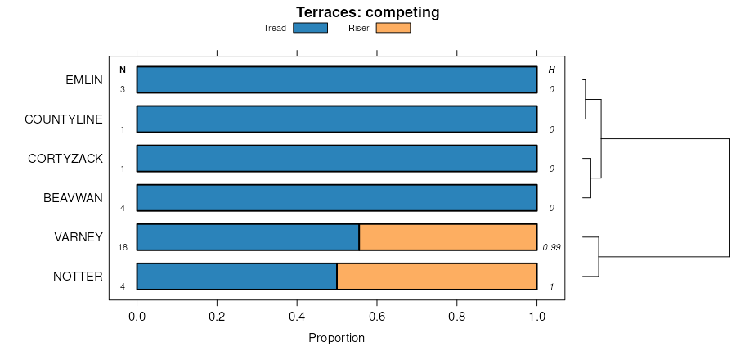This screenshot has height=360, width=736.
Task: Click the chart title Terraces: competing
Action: point(367,12)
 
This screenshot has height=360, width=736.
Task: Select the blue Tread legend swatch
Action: point(310,28)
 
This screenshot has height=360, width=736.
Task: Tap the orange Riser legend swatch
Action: point(393,28)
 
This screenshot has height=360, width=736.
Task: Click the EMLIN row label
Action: point(84,80)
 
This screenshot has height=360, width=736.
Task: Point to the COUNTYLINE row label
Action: point(64,119)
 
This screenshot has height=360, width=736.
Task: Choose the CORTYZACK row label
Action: point(65,159)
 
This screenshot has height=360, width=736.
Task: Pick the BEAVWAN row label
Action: point(73,198)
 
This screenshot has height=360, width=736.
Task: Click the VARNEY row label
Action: point(79,237)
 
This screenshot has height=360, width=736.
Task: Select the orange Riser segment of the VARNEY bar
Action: point(448,237)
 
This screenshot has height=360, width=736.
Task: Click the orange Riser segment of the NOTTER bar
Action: point(437,277)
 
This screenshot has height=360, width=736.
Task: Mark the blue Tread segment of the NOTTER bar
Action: point(237,277)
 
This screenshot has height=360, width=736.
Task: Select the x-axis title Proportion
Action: point(336,338)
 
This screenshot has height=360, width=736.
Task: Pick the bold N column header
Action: point(123,70)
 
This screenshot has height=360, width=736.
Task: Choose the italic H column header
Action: point(551,70)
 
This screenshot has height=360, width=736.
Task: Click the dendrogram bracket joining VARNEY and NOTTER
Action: point(599,257)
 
